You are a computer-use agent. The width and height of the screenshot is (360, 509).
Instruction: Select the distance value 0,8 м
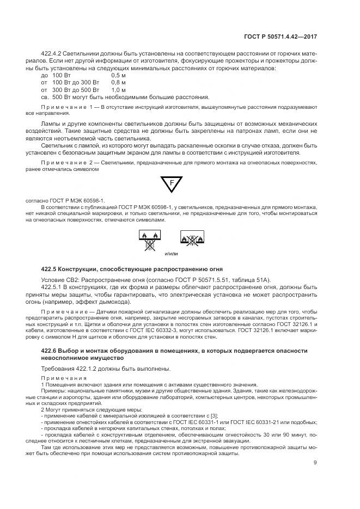point(119,82)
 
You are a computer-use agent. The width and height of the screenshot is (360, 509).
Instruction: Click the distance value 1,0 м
point(119,89)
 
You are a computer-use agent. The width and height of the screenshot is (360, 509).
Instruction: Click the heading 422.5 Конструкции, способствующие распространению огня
point(132,269)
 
